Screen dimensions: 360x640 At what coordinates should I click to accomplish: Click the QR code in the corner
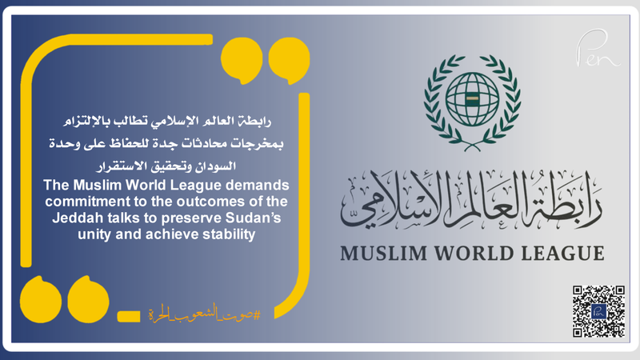tap(598, 310)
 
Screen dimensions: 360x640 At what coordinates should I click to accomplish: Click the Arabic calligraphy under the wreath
tap(472, 196)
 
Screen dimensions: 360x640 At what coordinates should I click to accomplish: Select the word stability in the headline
tap(218, 234)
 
